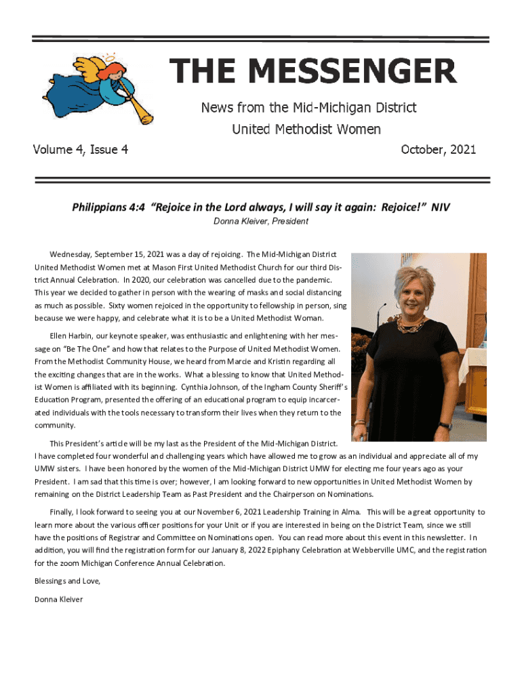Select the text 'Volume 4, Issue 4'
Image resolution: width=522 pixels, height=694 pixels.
[81, 149]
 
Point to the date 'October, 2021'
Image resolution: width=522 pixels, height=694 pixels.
[439, 149]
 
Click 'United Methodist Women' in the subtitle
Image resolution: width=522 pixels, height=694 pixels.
[306, 129]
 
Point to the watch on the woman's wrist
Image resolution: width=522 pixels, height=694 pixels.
[445, 426]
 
